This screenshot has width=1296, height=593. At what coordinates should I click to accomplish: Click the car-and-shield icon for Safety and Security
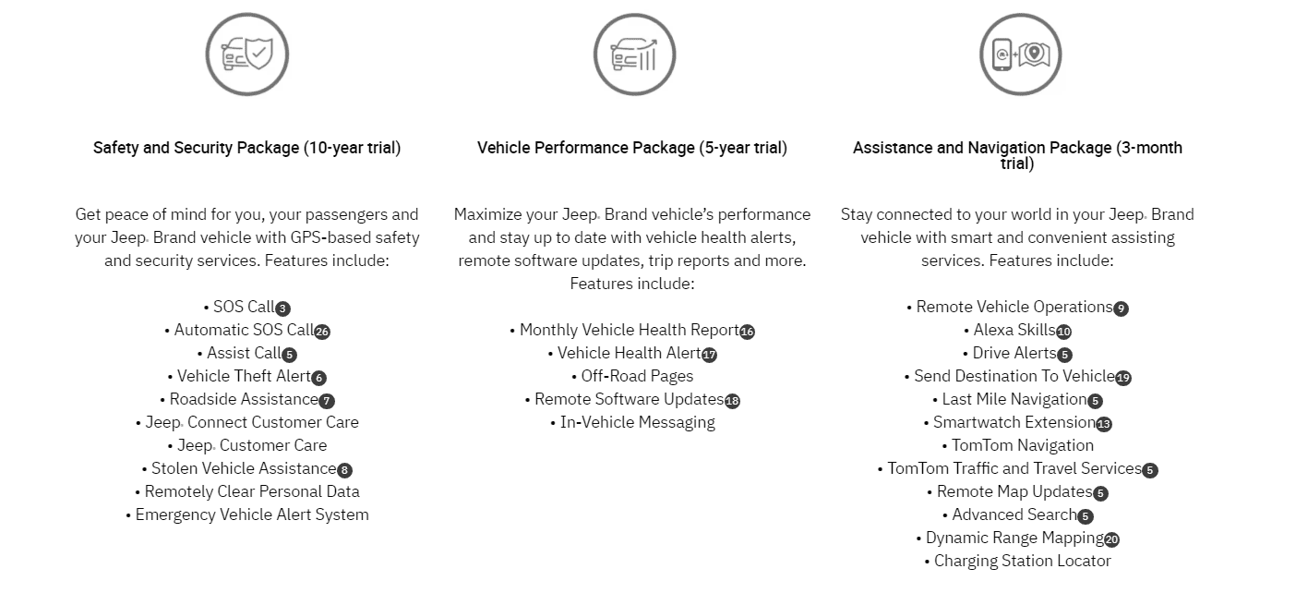pyautogui.click(x=247, y=54)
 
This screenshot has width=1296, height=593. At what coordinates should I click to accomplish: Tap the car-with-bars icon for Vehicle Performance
pyautogui.click(x=634, y=54)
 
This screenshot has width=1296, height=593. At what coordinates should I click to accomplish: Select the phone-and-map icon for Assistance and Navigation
pyautogui.click(x=1021, y=54)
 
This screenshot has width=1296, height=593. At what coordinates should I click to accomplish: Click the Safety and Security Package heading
pyautogui.click(x=247, y=148)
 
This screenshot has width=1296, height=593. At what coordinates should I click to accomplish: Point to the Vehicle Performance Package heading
pyautogui.click(x=632, y=148)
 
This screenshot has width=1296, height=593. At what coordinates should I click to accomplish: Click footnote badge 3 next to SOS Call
pyautogui.click(x=282, y=309)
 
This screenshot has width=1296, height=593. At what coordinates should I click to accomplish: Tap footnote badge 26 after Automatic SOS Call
pyautogui.click(x=322, y=332)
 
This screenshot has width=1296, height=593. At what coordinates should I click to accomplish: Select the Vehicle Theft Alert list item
pyautogui.click(x=244, y=377)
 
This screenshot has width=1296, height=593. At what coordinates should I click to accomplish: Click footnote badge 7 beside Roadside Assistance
pyautogui.click(x=327, y=401)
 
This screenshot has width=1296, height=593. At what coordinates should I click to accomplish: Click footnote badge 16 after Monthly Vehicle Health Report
pyautogui.click(x=747, y=332)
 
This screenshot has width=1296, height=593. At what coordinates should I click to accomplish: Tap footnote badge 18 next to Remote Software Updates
pyautogui.click(x=733, y=401)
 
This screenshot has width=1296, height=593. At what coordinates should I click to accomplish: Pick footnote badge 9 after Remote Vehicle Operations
pyautogui.click(x=1122, y=309)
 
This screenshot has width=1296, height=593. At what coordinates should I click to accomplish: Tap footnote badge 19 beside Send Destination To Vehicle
pyautogui.click(x=1123, y=378)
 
